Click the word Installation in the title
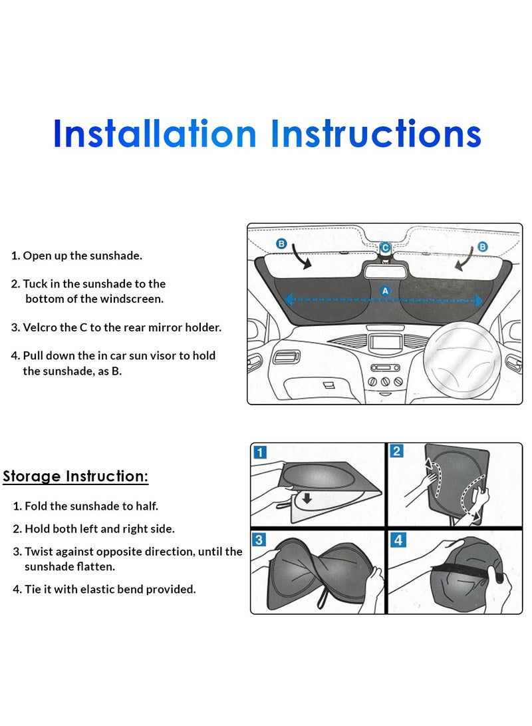point(155,133)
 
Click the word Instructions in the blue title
point(376,133)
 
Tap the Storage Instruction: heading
point(75,476)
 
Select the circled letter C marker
point(385,248)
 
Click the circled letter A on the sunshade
point(385,291)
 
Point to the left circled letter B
point(281,244)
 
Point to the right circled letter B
point(483,246)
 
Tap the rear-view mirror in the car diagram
point(385,270)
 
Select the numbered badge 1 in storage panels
point(261,452)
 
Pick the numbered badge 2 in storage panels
point(396,451)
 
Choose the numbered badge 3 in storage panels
point(259,540)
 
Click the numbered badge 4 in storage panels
point(398,540)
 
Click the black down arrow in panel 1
point(307,498)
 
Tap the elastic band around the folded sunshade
point(463,572)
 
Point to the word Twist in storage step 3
point(39,552)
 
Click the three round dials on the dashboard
point(385,382)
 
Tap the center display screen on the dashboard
point(385,343)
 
